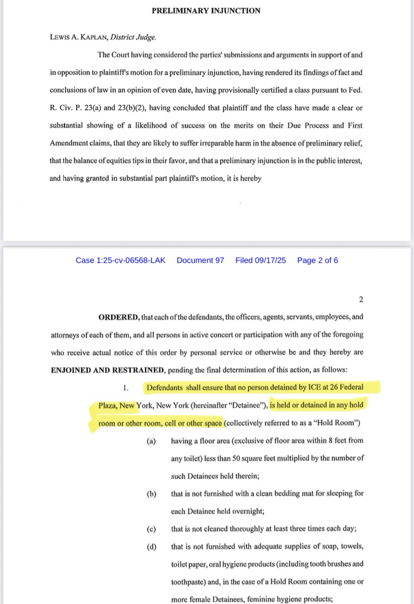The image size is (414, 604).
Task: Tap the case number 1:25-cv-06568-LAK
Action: (124, 260)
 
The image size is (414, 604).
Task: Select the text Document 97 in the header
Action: (200, 260)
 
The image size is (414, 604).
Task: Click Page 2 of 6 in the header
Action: (317, 260)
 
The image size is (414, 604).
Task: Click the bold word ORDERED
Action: (118, 317)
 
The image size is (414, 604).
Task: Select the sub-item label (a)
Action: (151, 441)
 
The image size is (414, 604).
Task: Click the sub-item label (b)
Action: (151, 494)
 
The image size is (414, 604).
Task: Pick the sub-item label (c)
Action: (151, 529)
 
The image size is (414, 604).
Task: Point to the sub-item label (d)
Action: (151, 547)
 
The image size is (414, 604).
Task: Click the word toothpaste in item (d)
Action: (189, 582)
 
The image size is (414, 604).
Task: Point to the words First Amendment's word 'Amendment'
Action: (72, 143)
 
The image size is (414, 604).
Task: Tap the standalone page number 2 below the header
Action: (361, 300)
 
